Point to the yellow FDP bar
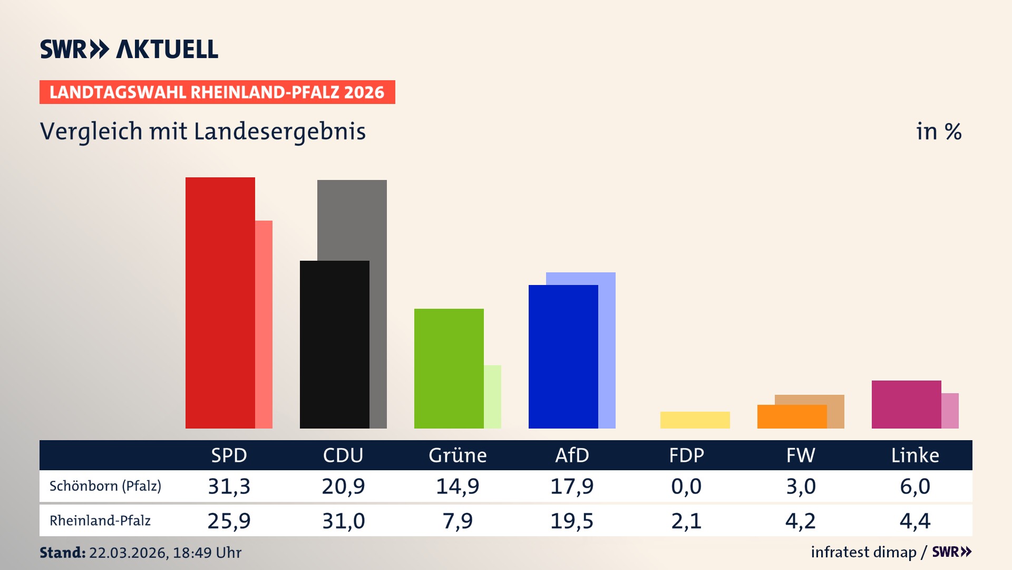coord(695,420)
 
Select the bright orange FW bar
coord(792,416)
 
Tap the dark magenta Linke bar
coord(906,404)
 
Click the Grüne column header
coord(458,455)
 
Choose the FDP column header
coord(686,455)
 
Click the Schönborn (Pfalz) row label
coord(105,486)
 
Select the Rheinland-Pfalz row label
coord(100,521)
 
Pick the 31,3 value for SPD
coord(229,486)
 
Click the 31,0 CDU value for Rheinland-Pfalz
coord(343,521)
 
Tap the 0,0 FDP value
coord(686,486)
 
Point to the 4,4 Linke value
coord(915,521)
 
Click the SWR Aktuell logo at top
coord(129,49)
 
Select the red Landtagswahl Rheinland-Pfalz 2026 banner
coord(217,92)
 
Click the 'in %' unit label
coord(938,132)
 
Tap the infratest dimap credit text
coord(863,552)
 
